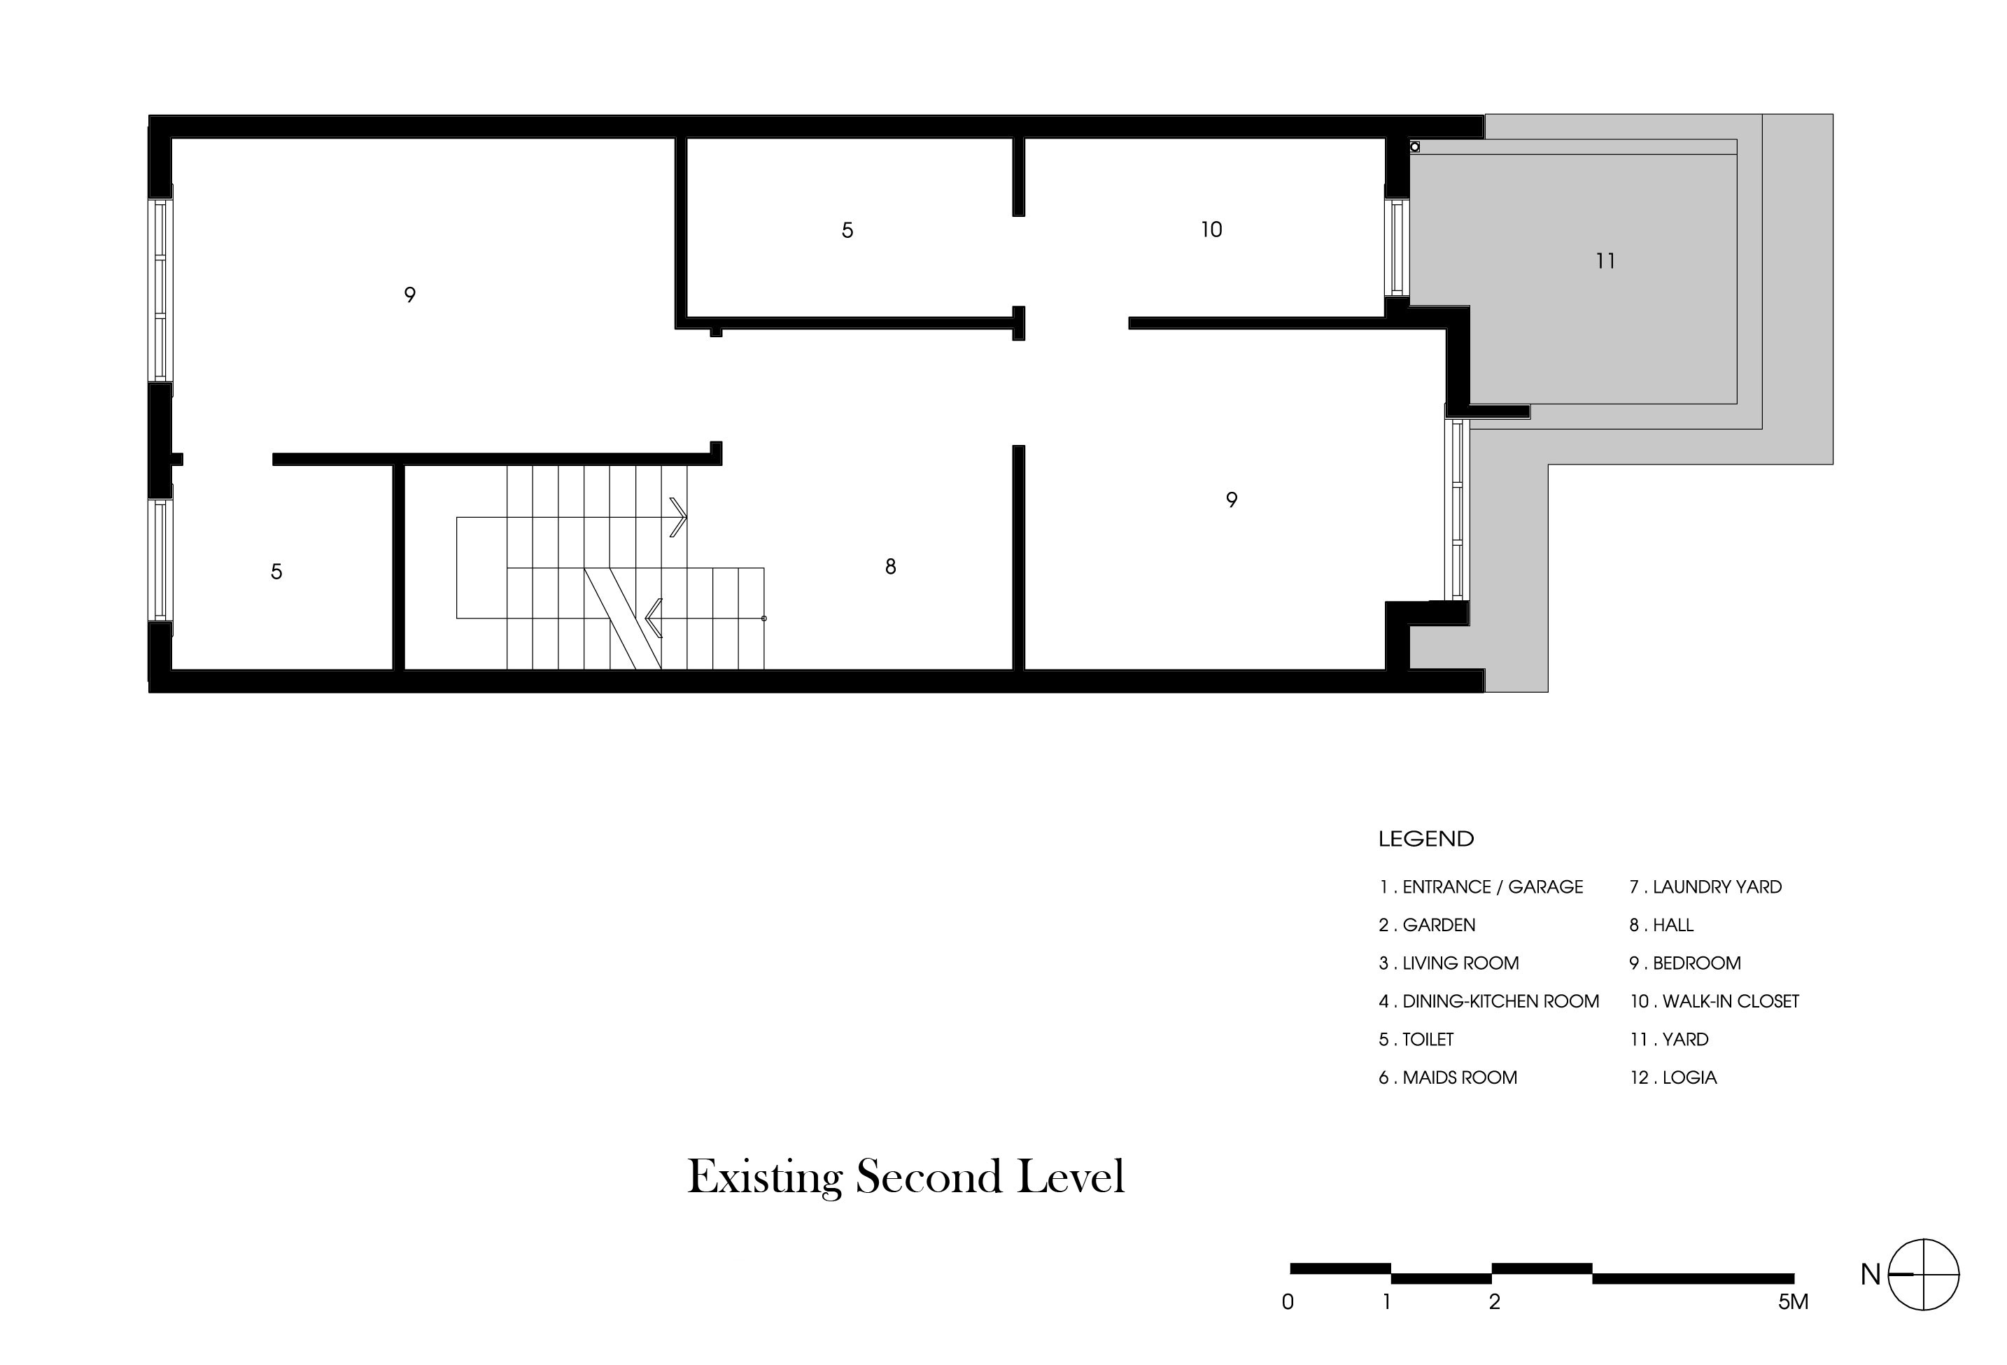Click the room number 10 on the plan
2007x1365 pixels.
tap(1211, 229)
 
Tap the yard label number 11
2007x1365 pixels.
tap(1605, 261)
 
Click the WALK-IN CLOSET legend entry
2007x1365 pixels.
tap(1714, 1000)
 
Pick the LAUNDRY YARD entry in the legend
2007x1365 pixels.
tap(1705, 886)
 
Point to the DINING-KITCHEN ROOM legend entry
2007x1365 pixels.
tap(1489, 1000)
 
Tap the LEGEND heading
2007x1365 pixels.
tap(1425, 838)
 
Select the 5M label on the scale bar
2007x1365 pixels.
tap(1793, 1302)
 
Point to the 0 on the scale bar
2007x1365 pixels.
tap(1288, 1302)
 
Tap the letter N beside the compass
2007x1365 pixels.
tap(1871, 1274)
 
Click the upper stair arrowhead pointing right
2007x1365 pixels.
tap(679, 517)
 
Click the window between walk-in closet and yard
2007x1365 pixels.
tap(1397, 247)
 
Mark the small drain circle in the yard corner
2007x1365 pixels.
tap(1414, 147)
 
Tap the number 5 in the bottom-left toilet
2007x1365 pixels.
tap(276, 572)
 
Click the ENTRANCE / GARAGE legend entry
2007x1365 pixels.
tap(1480, 886)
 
